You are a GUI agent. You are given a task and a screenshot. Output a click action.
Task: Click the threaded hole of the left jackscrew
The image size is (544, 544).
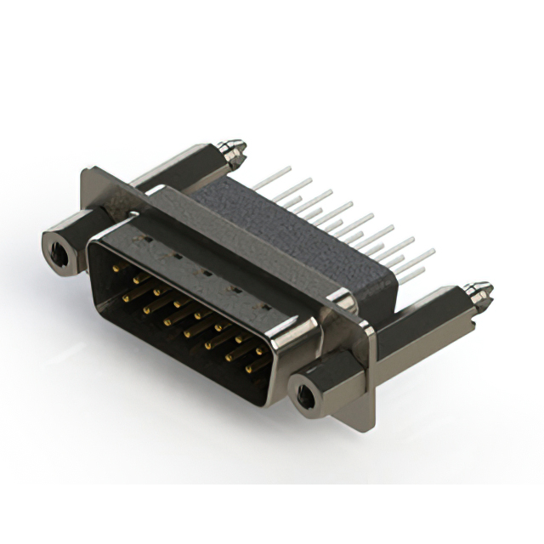pos(58,250)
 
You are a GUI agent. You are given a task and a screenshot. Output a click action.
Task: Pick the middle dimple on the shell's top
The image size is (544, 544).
pos(202,272)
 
